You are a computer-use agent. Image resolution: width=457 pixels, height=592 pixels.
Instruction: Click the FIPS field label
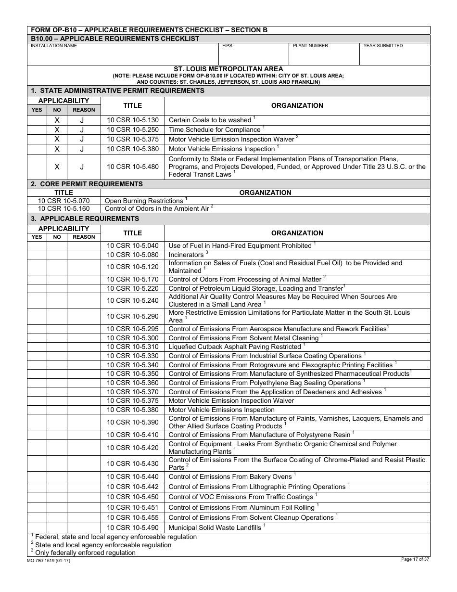click(x=227, y=46)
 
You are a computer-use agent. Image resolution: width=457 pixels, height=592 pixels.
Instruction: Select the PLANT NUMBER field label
click(x=310, y=46)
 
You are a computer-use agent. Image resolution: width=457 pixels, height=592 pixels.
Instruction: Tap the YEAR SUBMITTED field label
click(x=383, y=46)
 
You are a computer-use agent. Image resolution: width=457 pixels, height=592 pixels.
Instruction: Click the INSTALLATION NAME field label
click(x=53, y=46)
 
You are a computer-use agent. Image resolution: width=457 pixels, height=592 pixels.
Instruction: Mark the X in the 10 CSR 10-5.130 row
click(x=57, y=120)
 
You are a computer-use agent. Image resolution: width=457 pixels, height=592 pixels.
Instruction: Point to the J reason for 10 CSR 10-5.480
click(x=82, y=167)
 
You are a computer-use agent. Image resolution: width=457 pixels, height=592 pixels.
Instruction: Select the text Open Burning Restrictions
click(x=144, y=201)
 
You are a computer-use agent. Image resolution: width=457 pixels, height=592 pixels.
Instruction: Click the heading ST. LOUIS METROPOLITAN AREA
click(x=228, y=69)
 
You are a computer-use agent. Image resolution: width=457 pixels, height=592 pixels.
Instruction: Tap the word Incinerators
click(x=186, y=255)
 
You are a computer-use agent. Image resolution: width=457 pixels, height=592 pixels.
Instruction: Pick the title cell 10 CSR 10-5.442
click(x=132, y=487)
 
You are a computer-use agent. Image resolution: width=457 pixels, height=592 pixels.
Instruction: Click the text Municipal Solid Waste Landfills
click(x=215, y=528)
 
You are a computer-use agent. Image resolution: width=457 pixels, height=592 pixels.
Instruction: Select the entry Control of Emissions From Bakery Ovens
click(x=230, y=476)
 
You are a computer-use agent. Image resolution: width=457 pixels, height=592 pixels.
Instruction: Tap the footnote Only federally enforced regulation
click(x=85, y=553)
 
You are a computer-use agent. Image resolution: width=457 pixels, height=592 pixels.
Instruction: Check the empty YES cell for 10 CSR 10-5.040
click(x=37, y=245)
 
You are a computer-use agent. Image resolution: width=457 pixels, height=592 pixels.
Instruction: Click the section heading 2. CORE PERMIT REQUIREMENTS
click(x=87, y=184)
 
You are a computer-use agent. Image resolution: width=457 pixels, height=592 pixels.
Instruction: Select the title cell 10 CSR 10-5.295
click(x=132, y=329)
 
